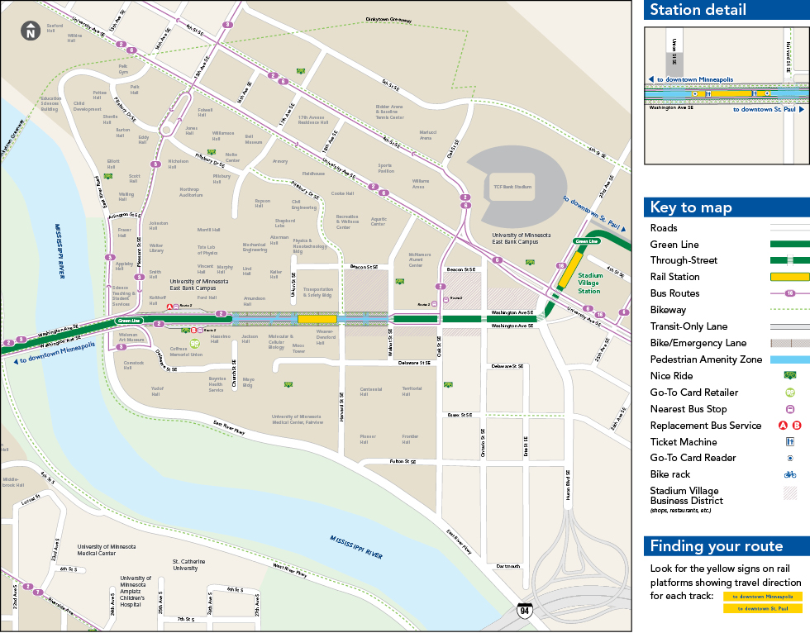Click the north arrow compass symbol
click(x=31, y=31)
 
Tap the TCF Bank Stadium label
click(x=512, y=188)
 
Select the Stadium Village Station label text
click(x=588, y=283)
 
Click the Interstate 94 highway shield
click(x=524, y=612)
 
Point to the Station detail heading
click(x=698, y=10)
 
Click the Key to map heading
click(x=690, y=207)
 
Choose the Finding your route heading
click(x=716, y=546)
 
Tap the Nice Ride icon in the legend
click(x=790, y=376)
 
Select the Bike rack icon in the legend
click(x=790, y=474)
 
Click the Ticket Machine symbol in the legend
click(x=790, y=442)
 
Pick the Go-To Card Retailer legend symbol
click(x=790, y=393)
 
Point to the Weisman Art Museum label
click(x=131, y=338)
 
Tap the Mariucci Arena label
click(x=427, y=135)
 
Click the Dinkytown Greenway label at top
click(x=388, y=20)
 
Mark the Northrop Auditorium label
click(x=191, y=192)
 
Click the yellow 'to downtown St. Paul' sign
click(x=762, y=608)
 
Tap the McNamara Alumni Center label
click(x=420, y=260)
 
